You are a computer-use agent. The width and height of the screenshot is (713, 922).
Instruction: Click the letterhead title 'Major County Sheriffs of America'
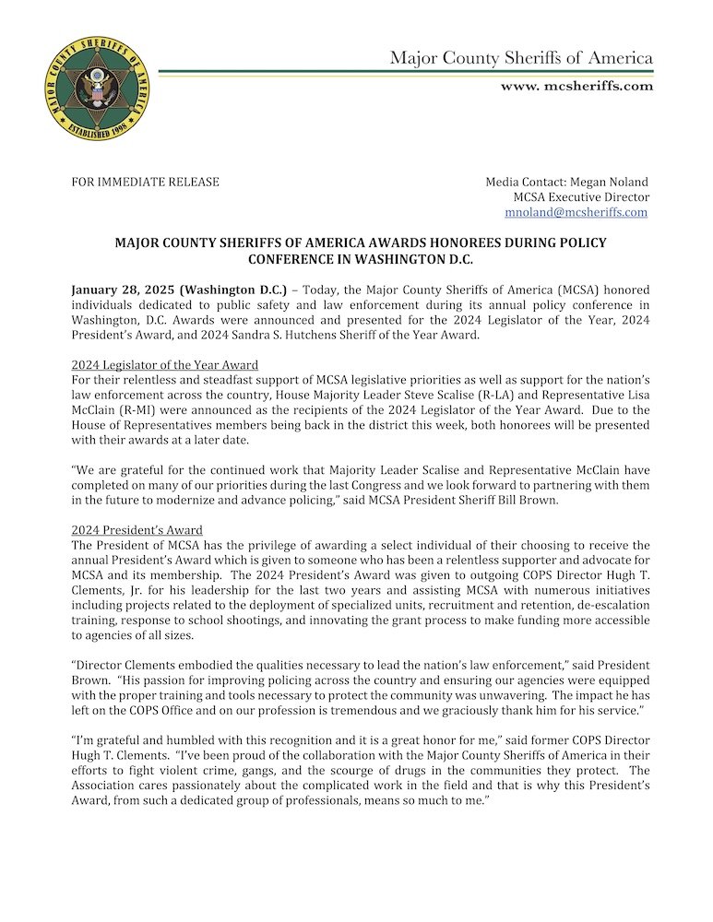[x=521, y=58]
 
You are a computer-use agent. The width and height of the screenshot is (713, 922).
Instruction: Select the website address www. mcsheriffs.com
[x=576, y=86]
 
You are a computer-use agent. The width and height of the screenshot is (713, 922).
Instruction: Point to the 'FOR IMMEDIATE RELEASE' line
[x=146, y=182]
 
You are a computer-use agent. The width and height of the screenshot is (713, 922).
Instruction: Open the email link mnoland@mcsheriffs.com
[x=576, y=212]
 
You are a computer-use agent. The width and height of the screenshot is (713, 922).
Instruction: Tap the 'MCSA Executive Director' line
[x=581, y=197]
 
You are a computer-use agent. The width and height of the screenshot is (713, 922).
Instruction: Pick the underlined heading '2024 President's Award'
[x=137, y=530]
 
